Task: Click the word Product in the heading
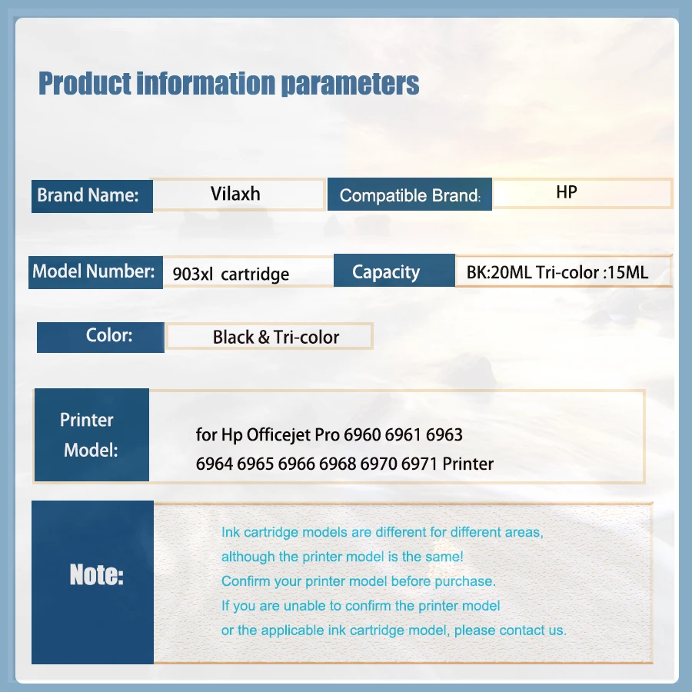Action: coord(85,83)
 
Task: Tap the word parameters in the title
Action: coord(350,85)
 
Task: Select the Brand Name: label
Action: coord(88,195)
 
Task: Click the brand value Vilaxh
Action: coord(235,194)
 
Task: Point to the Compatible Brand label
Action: coord(410,195)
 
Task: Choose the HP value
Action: coord(567,192)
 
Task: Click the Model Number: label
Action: coord(94,271)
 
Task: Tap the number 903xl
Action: coord(193,274)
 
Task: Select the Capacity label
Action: coord(386,272)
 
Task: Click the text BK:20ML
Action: coord(499,272)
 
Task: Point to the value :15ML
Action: coord(625,272)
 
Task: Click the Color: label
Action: coord(109,335)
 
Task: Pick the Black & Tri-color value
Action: coord(276,338)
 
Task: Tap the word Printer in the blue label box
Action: coord(86,420)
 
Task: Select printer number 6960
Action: coord(362,435)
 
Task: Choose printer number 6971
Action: coord(419,464)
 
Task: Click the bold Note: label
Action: coord(97,574)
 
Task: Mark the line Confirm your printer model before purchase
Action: coord(358,582)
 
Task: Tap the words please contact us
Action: coord(511,630)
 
